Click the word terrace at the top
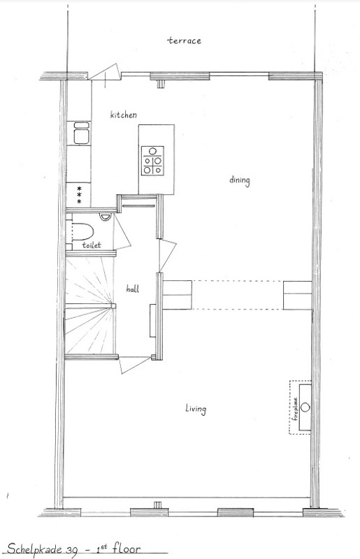tap(184, 41)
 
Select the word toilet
tap(92, 246)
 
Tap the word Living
tap(195, 409)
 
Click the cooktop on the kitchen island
tap(153, 160)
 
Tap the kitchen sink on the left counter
tap(80, 133)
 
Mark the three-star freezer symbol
tap(79, 194)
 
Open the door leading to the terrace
tap(106, 71)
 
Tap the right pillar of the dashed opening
tap(296, 294)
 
